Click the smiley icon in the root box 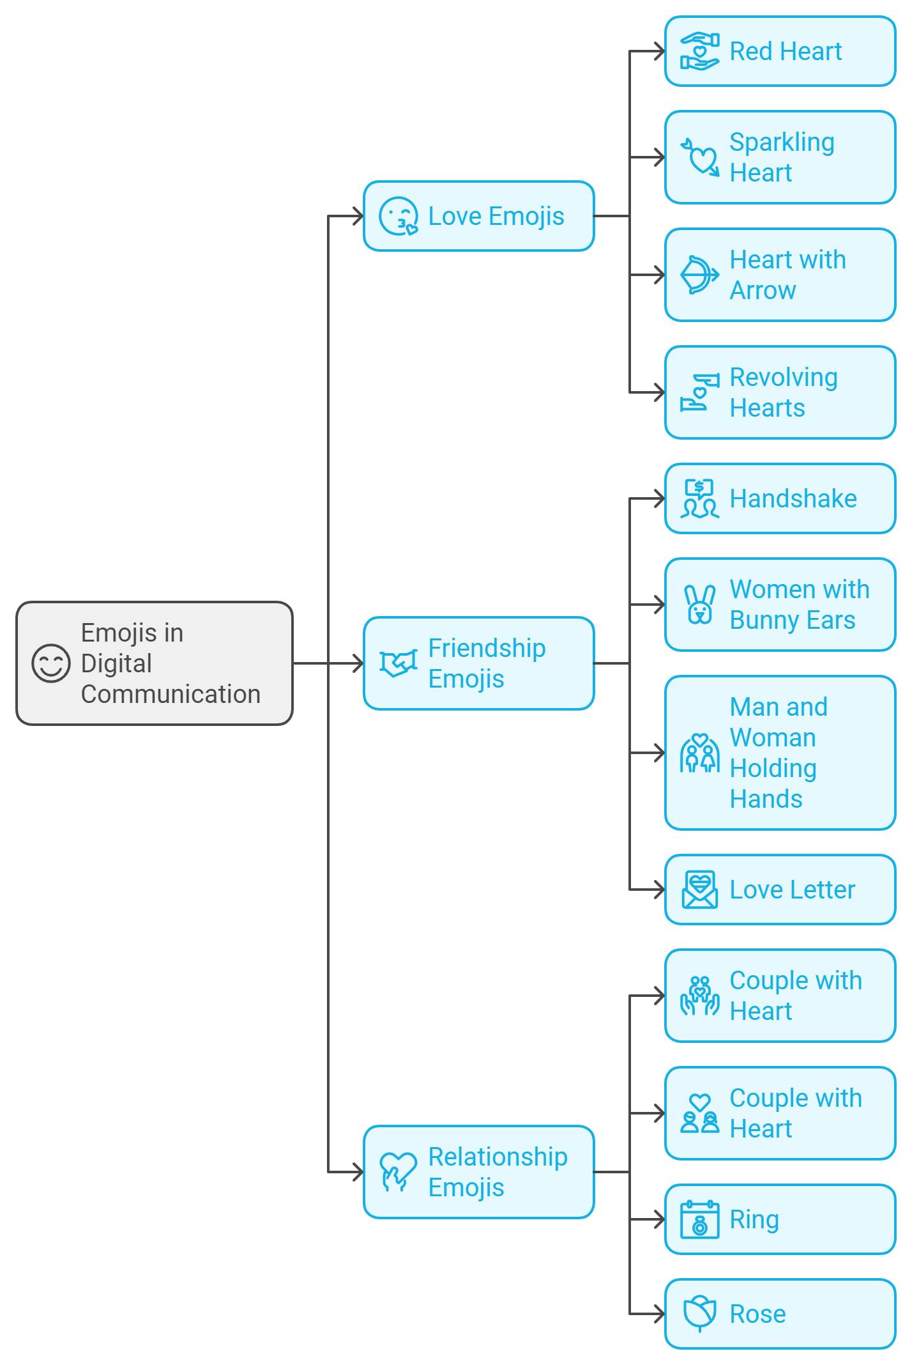coord(50,663)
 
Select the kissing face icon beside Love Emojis coord(398,216)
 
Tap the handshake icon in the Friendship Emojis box coord(398,663)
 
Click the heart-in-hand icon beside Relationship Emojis coord(397,1172)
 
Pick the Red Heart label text coord(785,51)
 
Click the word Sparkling coord(782,142)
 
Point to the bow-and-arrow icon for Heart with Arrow coord(699,275)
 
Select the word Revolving coord(783,377)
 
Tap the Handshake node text coord(793,498)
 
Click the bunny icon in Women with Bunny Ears coord(699,605)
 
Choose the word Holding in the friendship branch coord(773,768)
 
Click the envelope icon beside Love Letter coord(699,890)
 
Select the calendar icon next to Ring coord(699,1219)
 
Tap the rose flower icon coord(699,1314)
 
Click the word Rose coord(757,1314)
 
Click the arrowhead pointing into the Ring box coord(659,1219)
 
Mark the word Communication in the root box coord(171,694)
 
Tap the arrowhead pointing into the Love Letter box coord(659,890)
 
